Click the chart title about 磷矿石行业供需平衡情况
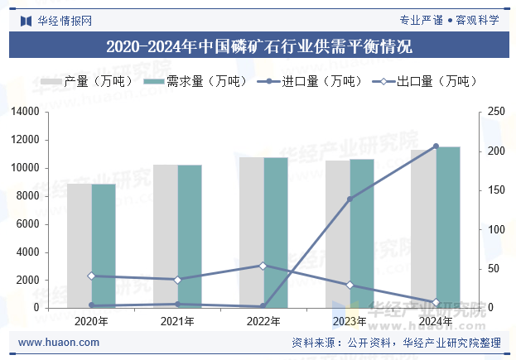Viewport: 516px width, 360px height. point(258,46)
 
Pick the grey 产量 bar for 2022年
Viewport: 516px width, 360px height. point(252,233)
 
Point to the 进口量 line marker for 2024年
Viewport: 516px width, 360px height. point(436,146)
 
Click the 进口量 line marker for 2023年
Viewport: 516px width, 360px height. point(350,199)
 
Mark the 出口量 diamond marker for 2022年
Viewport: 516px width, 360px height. point(263,266)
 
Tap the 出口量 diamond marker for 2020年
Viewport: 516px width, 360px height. point(92,276)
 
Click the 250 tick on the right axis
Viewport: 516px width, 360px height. point(495,111)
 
